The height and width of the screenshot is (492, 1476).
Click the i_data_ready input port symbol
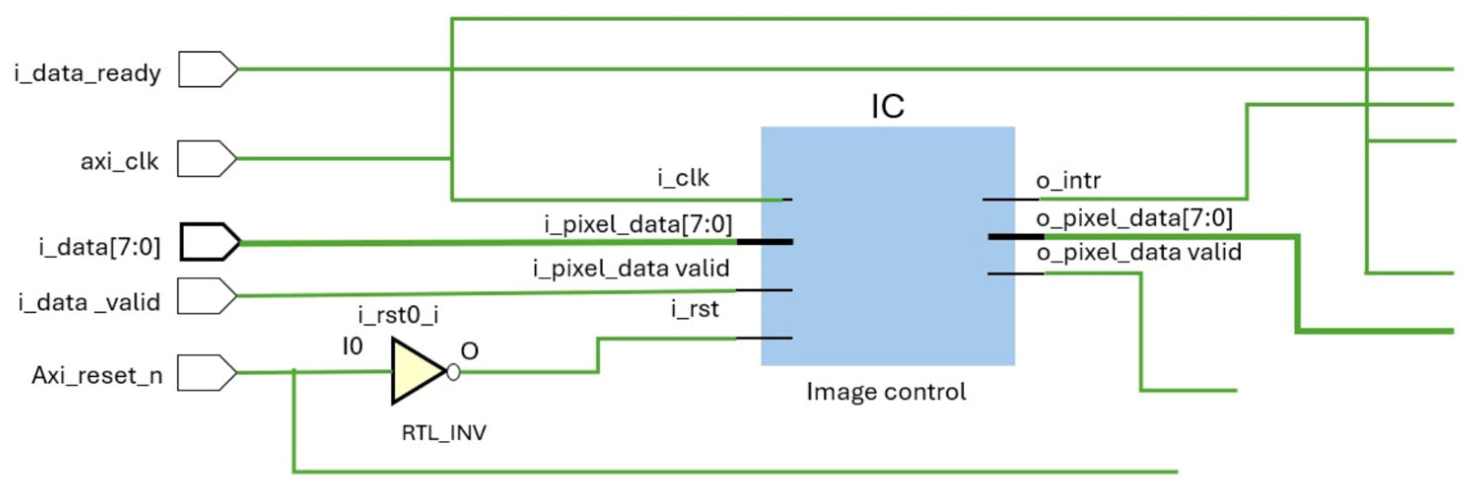[206, 69]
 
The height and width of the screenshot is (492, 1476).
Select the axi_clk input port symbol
[205, 159]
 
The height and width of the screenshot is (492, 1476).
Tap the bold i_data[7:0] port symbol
[208, 242]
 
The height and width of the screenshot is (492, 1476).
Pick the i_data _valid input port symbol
[205, 296]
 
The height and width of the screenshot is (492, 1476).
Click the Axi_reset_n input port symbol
[205, 373]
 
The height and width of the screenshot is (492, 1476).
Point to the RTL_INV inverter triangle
[415, 371]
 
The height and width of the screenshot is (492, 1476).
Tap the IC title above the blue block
[887, 106]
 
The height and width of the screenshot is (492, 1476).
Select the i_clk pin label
[683, 178]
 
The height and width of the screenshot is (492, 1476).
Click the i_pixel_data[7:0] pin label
[638, 224]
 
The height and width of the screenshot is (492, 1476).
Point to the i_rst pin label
[694, 309]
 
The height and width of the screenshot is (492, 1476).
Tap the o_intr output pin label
[1068, 180]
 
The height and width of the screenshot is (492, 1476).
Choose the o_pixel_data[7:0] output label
[1134, 218]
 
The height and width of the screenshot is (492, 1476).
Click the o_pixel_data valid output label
[1138, 253]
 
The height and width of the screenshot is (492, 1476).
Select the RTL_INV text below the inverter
[444, 433]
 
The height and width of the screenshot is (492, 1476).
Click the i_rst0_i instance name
[398, 314]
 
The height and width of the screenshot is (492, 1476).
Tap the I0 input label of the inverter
[352, 347]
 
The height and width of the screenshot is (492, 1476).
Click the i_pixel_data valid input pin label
[631, 268]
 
